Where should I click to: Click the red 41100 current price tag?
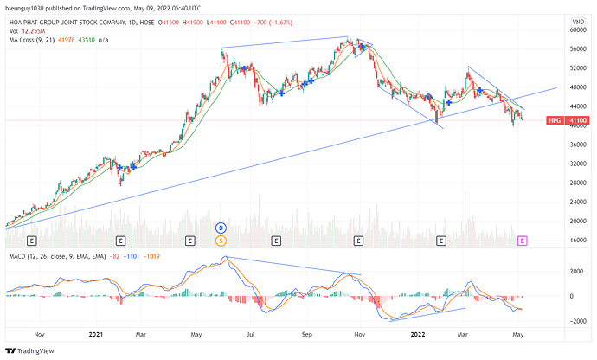[578, 121]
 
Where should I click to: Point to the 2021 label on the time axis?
[95, 332]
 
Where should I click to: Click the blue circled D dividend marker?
[221, 228]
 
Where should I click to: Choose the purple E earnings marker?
[522, 239]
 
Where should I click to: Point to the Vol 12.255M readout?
[28, 28]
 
